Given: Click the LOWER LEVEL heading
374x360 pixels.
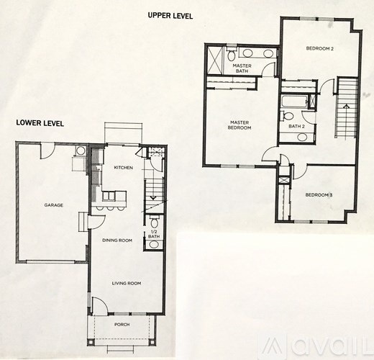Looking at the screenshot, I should [x=40, y=123].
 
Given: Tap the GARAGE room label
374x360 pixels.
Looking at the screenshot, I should [x=53, y=205].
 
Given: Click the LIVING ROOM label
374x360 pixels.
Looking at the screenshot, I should [x=126, y=283].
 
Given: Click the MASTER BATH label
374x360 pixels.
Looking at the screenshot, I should [x=242, y=68].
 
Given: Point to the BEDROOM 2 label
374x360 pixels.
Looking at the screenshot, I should [x=319, y=49].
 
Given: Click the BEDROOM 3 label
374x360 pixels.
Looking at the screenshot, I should [x=318, y=194].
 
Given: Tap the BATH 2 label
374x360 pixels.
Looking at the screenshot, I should [x=296, y=126].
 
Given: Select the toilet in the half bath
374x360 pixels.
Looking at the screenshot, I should [x=153, y=244].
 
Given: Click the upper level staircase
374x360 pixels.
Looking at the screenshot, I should [x=347, y=108].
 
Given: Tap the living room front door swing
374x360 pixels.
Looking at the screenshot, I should [x=101, y=306].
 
